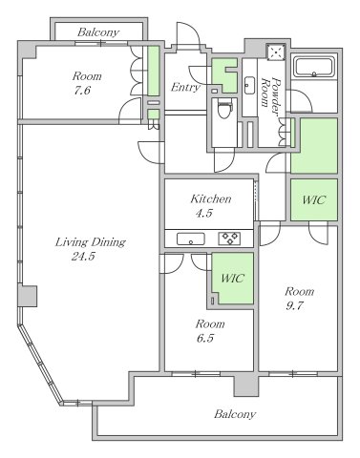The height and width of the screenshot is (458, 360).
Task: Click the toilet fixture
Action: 224,108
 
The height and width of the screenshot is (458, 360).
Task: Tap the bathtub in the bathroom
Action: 314,67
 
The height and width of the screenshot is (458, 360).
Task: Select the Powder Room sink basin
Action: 249,85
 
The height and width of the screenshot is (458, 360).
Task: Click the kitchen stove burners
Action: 229,239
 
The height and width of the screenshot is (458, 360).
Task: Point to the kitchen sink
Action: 191,239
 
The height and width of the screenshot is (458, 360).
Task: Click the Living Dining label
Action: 91,242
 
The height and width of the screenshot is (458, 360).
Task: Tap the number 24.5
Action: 83,257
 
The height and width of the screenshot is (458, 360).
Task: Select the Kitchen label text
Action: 211,199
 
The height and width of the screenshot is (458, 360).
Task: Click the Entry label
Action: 185,87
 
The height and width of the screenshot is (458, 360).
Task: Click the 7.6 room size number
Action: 82,91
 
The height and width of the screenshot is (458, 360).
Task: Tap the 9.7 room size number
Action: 294,306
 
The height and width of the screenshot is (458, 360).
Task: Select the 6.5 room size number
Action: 205,338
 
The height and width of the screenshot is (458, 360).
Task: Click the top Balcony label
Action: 98,32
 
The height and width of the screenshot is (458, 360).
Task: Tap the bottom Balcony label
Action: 235,414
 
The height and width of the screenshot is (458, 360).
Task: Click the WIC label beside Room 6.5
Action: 233,279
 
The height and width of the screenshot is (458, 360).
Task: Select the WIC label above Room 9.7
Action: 314,200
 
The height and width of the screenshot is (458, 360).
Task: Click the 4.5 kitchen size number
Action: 203,213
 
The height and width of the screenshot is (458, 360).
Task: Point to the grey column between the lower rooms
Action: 245,385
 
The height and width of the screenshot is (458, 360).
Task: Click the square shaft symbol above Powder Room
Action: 276,52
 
